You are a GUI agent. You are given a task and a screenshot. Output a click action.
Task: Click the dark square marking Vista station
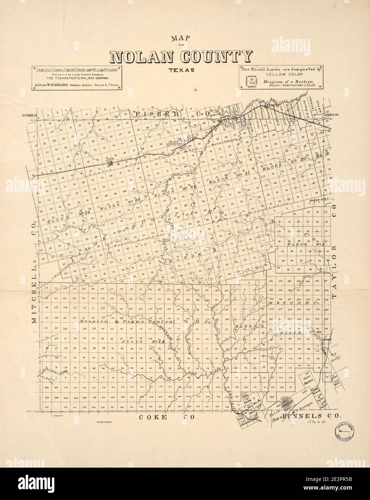click(x=111, y=163)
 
